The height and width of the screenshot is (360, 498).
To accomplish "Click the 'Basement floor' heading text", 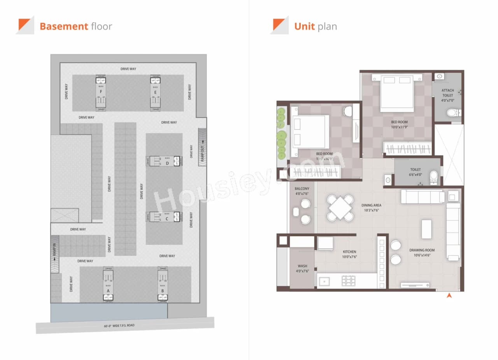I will [x=75, y=26].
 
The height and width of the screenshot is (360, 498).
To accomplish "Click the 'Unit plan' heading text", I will [x=315, y=26].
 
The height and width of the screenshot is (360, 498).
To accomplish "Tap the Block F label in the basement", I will [x=101, y=92].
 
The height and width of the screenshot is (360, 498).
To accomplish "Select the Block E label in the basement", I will [x=155, y=92].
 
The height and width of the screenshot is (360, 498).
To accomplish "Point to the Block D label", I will [x=167, y=163].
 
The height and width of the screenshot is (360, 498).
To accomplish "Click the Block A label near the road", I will [x=108, y=290].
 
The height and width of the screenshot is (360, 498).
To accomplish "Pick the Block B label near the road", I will [x=162, y=290].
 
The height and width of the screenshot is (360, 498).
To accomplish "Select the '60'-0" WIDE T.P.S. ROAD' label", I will [x=119, y=325].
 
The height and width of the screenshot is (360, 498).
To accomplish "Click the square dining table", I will [x=340, y=208].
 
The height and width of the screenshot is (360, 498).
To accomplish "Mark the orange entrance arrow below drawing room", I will [x=449, y=296].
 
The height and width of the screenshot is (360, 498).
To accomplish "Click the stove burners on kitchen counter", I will [x=348, y=281].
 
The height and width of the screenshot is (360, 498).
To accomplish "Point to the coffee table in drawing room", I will [x=426, y=229].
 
